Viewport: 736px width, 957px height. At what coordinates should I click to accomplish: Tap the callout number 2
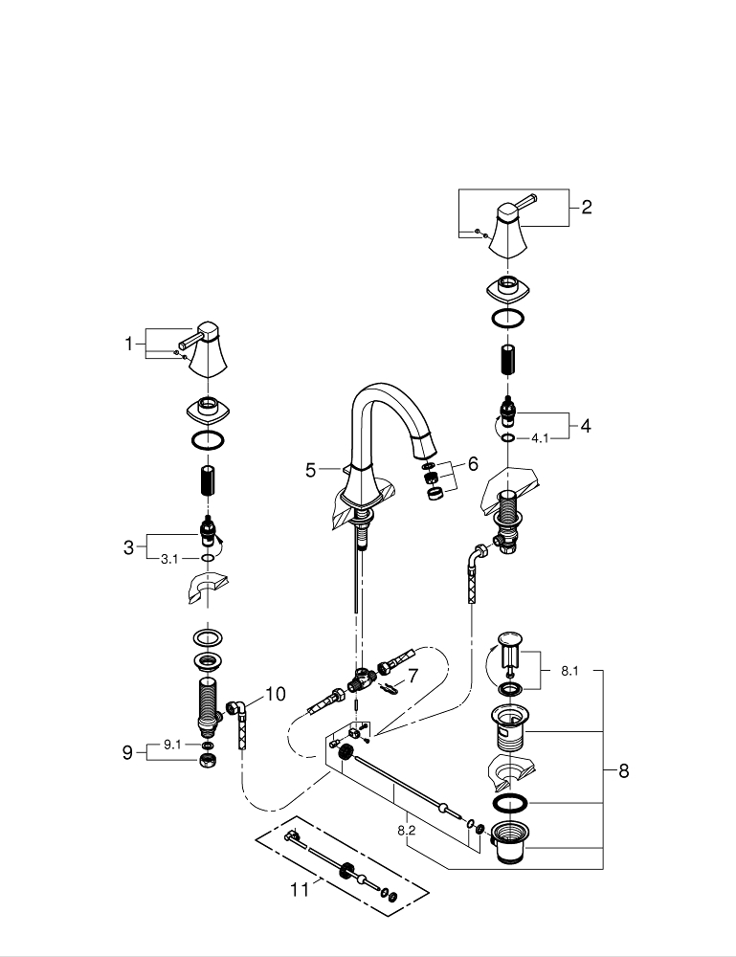tap(587, 207)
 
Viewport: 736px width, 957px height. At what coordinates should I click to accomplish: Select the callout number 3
tap(128, 548)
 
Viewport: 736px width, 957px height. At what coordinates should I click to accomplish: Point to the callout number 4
tap(586, 426)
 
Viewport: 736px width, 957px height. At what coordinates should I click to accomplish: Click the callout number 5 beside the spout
tap(310, 470)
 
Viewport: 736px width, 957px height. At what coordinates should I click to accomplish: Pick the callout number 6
tap(472, 464)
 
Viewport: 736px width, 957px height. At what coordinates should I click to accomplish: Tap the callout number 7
tap(413, 676)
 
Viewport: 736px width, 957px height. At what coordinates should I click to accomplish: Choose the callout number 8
tap(623, 771)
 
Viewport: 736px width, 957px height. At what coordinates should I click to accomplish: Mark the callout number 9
tap(128, 753)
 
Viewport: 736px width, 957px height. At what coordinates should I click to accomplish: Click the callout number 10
tap(275, 694)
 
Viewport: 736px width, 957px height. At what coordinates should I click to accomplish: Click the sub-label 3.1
tap(168, 559)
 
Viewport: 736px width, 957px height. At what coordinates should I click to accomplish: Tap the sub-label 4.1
tap(541, 438)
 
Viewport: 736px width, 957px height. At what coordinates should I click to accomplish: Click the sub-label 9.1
tap(172, 745)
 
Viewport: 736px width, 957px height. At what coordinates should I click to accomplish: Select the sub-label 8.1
tap(569, 672)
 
